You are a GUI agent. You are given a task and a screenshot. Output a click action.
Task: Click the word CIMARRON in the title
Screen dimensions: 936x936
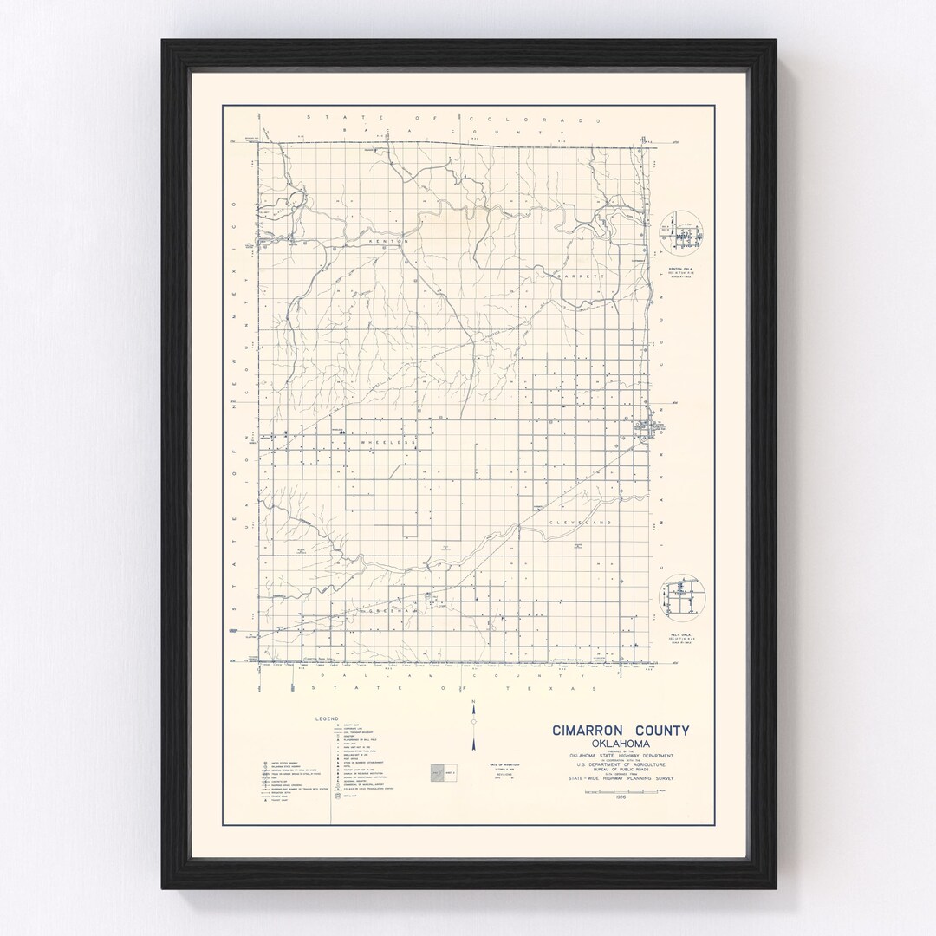tap(586, 731)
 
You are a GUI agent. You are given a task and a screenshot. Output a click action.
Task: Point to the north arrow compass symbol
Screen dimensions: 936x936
tap(473, 723)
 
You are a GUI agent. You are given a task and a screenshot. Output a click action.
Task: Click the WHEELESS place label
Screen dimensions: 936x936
tap(387, 442)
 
